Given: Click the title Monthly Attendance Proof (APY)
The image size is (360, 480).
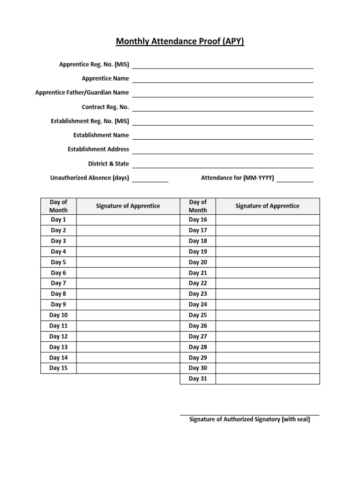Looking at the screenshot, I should (x=180, y=42).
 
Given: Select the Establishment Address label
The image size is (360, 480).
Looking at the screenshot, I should (x=98, y=150).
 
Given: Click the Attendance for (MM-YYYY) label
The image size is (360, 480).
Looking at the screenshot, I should (x=238, y=178).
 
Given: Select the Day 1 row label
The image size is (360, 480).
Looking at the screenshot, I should (x=59, y=219).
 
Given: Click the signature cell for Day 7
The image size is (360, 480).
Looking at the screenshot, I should (x=127, y=283).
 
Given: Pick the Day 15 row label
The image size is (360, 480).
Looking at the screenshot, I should (x=59, y=368).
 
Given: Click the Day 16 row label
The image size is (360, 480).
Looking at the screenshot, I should (x=198, y=219).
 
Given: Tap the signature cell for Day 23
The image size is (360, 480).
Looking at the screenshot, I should (x=268, y=294).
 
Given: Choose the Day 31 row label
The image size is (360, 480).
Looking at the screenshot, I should (x=198, y=379).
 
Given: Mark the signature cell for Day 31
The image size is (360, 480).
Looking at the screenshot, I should (x=268, y=379).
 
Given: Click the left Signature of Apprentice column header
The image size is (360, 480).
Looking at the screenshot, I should (x=128, y=206).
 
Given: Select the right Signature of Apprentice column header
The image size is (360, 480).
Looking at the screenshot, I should (x=267, y=206).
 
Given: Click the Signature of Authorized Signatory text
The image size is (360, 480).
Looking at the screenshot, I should (x=249, y=420).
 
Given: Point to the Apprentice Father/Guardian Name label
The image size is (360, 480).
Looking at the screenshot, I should (x=82, y=93).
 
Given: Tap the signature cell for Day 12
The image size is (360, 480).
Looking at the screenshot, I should (x=127, y=337).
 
